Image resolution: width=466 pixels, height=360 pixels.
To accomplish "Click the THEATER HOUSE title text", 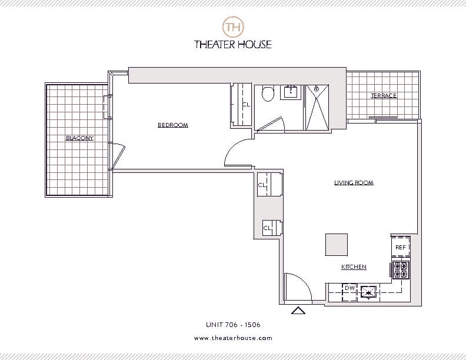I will [x=233, y=44].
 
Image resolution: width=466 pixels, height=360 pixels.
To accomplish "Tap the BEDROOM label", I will [x=173, y=125].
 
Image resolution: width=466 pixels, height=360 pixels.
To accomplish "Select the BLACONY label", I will [x=79, y=138].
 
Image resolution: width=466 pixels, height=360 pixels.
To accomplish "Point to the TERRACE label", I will [x=384, y=95].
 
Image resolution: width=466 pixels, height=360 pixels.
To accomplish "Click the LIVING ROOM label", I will [x=354, y=183].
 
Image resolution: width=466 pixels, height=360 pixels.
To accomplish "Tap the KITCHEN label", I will [x=354, y=267].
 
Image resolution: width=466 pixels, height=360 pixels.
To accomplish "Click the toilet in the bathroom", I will [x=268, y=93].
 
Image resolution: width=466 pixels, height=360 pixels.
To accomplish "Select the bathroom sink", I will [x=291, y=91].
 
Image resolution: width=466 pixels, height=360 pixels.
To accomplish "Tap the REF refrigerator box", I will [x=400, y=248].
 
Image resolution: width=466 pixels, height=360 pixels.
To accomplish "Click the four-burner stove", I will [x=401, y=269].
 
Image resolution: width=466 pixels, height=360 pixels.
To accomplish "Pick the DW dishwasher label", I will [x=349, y=288].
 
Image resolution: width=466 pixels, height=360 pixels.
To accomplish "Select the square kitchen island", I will [x=337, y=244].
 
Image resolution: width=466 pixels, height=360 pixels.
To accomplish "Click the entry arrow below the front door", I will [x=298, y=311].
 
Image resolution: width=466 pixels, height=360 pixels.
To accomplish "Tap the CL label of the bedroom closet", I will [x=246, y=105].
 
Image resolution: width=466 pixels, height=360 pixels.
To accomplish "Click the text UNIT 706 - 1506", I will [x=233, y=324].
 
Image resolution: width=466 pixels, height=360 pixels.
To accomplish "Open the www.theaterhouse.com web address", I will [x=233, y=338].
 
